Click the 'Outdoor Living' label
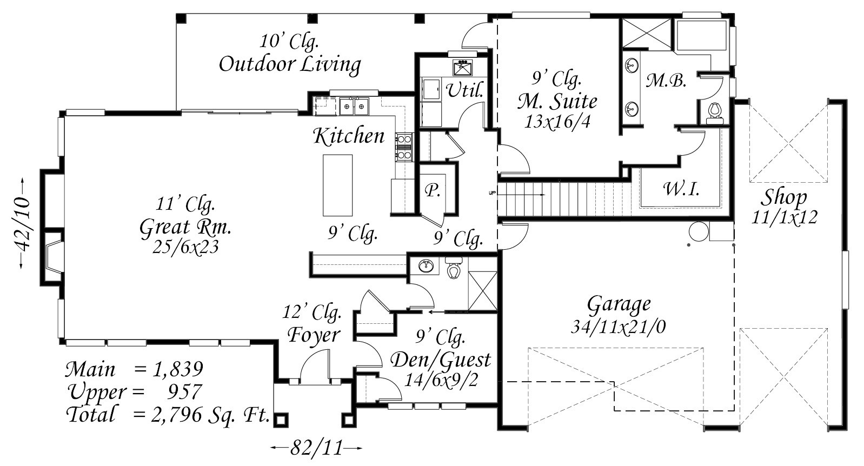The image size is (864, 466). (x=290, y=64)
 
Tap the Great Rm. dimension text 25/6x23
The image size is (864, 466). (x=186, y=247)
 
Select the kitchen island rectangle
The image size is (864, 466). (x=337, y=185)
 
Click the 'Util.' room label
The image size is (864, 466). (x=464, y=90)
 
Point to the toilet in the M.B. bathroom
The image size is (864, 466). (x=714, y=111)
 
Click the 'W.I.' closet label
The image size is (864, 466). (x=681, y=189)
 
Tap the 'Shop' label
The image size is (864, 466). (x=785, y=198)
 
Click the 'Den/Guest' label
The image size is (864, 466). (x=440, y=359)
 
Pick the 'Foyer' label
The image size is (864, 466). (x=314, y=335)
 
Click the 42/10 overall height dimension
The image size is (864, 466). (x=22, y=223)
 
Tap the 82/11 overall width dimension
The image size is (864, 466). (x=317, y=448)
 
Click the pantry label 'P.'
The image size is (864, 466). (x=431, y=191)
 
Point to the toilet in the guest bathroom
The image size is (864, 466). (x=454, y=268)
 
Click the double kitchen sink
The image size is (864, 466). (x=354, y=106)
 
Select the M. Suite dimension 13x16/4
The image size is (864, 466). (x=557, y=121)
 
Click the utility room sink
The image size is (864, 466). (x=462, y=68)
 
